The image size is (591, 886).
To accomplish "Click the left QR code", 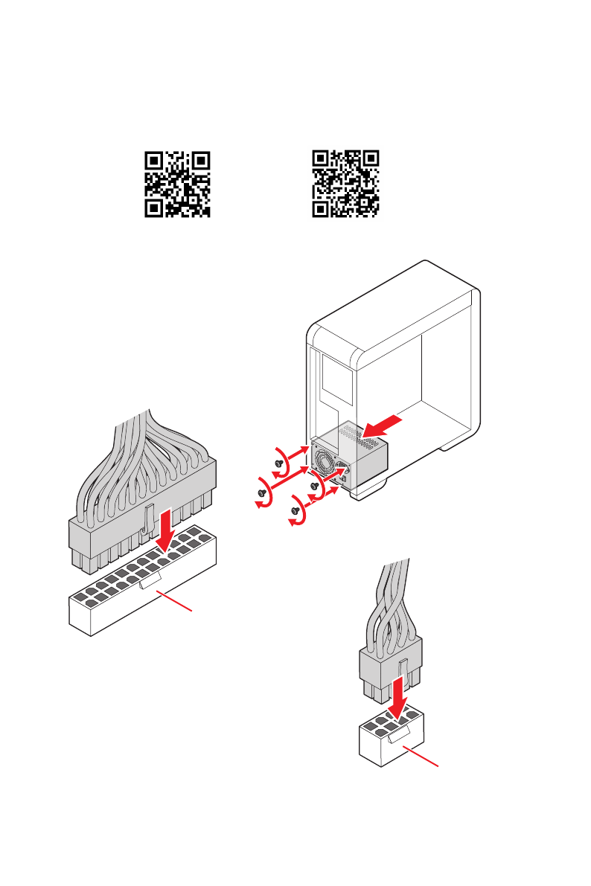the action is coord(177,184).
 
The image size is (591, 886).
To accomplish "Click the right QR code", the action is coord(345,184).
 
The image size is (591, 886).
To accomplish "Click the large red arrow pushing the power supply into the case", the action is coord(386,426).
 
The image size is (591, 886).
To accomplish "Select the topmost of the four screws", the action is coord(279,463).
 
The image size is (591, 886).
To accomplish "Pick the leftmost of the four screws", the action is coord(262,492).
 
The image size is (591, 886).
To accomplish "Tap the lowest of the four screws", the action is coord(295,511).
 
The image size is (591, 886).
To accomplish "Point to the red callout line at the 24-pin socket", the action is coord(179,600).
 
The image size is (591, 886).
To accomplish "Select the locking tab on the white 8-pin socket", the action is coord(394,736).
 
